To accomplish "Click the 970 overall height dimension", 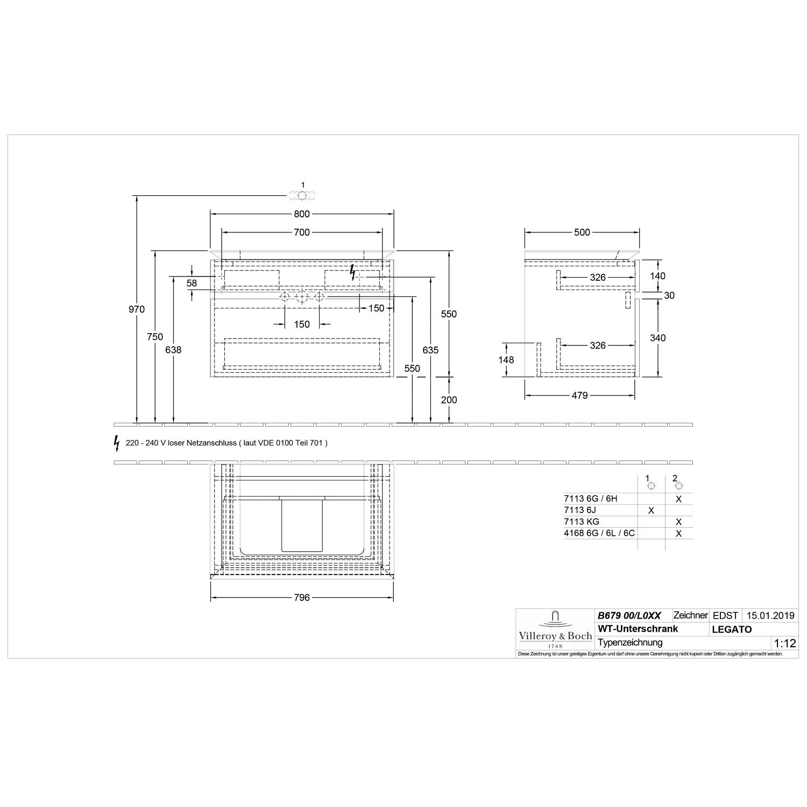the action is click(137, 309).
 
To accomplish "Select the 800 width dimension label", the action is click(302, 214).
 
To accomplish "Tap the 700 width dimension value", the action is click(302, 232).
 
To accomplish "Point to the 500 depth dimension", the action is click(582, 232).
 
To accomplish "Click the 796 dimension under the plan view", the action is click(302, 598).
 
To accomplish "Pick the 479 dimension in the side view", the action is click(579, 395).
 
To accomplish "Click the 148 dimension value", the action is click(506, 360).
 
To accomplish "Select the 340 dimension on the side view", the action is click(657, 338).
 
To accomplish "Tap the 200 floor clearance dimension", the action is click(449, 400).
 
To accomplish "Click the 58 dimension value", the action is click(192, 283).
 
